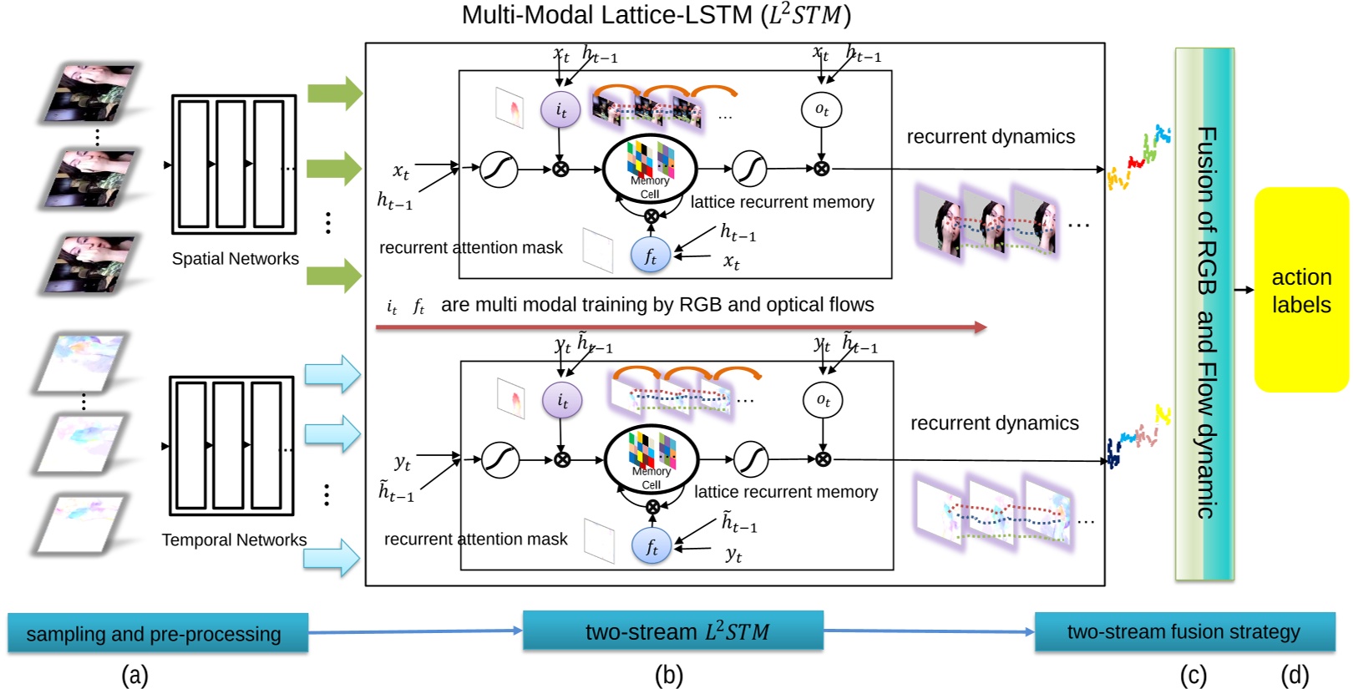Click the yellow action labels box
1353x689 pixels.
pyautogui.click(x=1300, y=289)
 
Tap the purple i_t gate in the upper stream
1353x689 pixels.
pyautogui.click(x=560, y=110)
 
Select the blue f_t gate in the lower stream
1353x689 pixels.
pyautogui.click(x=651, y=547)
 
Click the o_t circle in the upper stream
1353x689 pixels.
pyautogui.click(x=821, y=109)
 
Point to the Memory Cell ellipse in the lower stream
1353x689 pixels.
pyautogui.click(x=651, y=460)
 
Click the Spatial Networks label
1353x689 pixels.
pyautogui.click(x=235, y=259)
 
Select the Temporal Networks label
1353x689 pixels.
pyautogui.click(x=234, y=540)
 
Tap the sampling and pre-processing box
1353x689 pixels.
pyautogui.click(x=157, y=633)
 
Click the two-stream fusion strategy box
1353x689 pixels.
pyautogui.click(x=1183, y=631)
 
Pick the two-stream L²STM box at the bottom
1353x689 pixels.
pyautogui.click(x=673, y=631)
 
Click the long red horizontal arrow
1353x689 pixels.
pyautogui.click(x=681, y=327)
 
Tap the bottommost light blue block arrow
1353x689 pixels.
pyautogui.click(x=332, y=557)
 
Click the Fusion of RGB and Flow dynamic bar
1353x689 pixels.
pyautogui.click(x=1204, y=314)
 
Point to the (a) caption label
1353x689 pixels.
pyautogui.click(x=134, y=675)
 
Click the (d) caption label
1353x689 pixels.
pyautogui.click(x=1295, y=675)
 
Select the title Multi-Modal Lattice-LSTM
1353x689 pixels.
pyautogui.click(x=656, y=15)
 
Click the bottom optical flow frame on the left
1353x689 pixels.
pyautogui.click(x=81, y=522)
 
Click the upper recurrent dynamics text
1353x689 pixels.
pyautogui.click(x=991, y=136)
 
